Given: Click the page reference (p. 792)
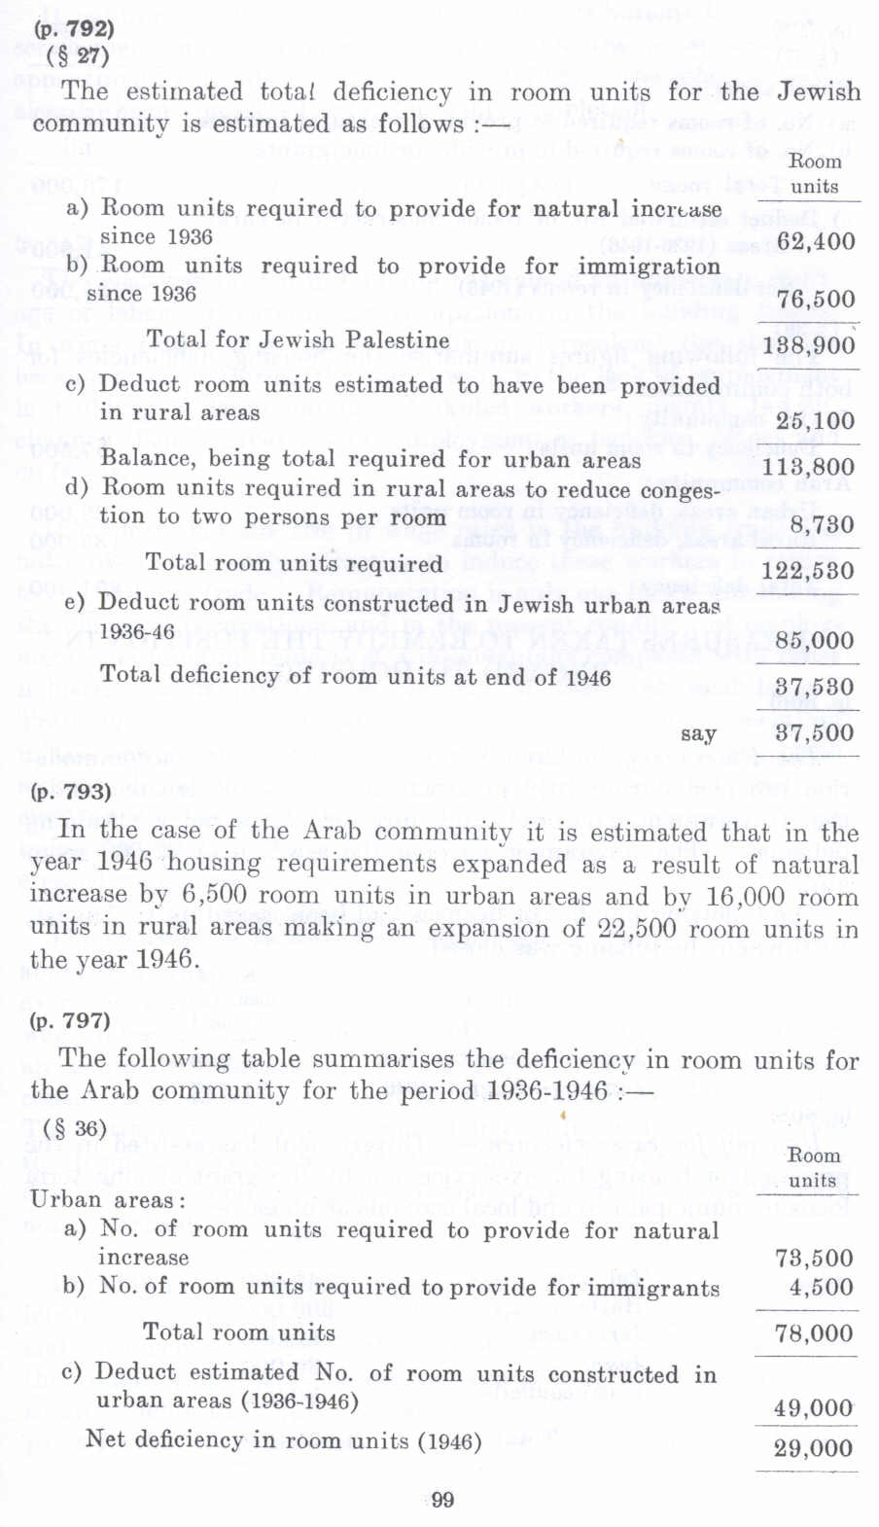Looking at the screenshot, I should coord(73,28).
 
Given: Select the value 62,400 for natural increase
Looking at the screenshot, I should coord(816,241).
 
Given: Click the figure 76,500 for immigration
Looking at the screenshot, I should coord(816,299).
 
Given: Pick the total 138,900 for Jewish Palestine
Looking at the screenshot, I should coord(809,346).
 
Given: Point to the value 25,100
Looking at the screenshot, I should coord(815,421).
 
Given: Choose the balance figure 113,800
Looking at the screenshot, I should coord(809,467).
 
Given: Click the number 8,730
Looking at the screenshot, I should coord(822,525).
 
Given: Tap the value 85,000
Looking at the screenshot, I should coord(815,640).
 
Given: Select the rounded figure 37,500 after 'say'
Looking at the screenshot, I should coord(815,732).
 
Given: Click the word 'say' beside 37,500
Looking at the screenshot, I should coord(698,733).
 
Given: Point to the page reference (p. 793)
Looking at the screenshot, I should coord(71,792).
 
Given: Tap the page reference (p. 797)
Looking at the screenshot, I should coord(71,1020).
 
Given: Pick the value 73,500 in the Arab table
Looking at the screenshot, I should coord(814,1259).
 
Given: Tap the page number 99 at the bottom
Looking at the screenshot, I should coord(442,1500).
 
